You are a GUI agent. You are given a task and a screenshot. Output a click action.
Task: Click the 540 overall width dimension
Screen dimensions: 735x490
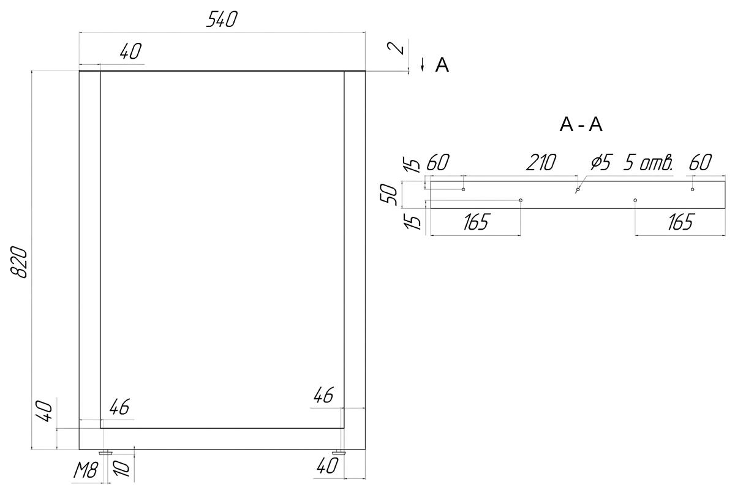222,20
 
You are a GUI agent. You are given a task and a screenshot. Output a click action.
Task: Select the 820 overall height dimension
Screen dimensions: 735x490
19,263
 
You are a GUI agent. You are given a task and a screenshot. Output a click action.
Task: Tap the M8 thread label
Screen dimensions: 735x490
85,471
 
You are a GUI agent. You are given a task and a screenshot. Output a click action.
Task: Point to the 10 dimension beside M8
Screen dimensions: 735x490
121,469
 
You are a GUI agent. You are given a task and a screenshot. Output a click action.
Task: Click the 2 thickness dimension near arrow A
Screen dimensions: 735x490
396,48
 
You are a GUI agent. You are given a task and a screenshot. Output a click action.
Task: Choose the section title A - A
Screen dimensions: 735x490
581,125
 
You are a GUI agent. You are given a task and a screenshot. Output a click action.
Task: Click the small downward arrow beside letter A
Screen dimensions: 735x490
422,64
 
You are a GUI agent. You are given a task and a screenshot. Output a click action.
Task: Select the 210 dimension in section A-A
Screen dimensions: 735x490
541,162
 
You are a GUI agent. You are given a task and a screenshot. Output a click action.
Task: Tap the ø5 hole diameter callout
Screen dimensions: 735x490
601,162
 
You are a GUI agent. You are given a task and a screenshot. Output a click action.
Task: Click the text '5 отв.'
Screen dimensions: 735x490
648,162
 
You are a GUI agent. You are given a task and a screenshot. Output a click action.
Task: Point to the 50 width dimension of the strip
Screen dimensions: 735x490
389,195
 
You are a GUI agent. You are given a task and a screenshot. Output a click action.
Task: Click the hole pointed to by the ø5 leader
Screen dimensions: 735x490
578,189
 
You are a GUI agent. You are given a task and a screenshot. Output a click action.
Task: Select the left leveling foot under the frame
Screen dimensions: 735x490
105,453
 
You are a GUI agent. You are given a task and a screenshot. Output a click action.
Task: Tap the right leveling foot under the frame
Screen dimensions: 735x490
339,453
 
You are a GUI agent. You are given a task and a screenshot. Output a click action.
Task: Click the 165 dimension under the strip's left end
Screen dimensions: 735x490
476,222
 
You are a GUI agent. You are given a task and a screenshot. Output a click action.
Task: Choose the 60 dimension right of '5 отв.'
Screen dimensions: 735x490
700,162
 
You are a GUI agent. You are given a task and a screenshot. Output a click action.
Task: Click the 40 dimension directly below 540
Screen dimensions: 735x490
130,51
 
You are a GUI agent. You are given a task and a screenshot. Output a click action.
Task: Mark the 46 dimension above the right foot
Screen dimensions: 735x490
323,395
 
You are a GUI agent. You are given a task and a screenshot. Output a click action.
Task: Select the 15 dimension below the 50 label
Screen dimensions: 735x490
412,221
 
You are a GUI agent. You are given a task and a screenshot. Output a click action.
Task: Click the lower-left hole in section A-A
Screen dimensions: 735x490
521,200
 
